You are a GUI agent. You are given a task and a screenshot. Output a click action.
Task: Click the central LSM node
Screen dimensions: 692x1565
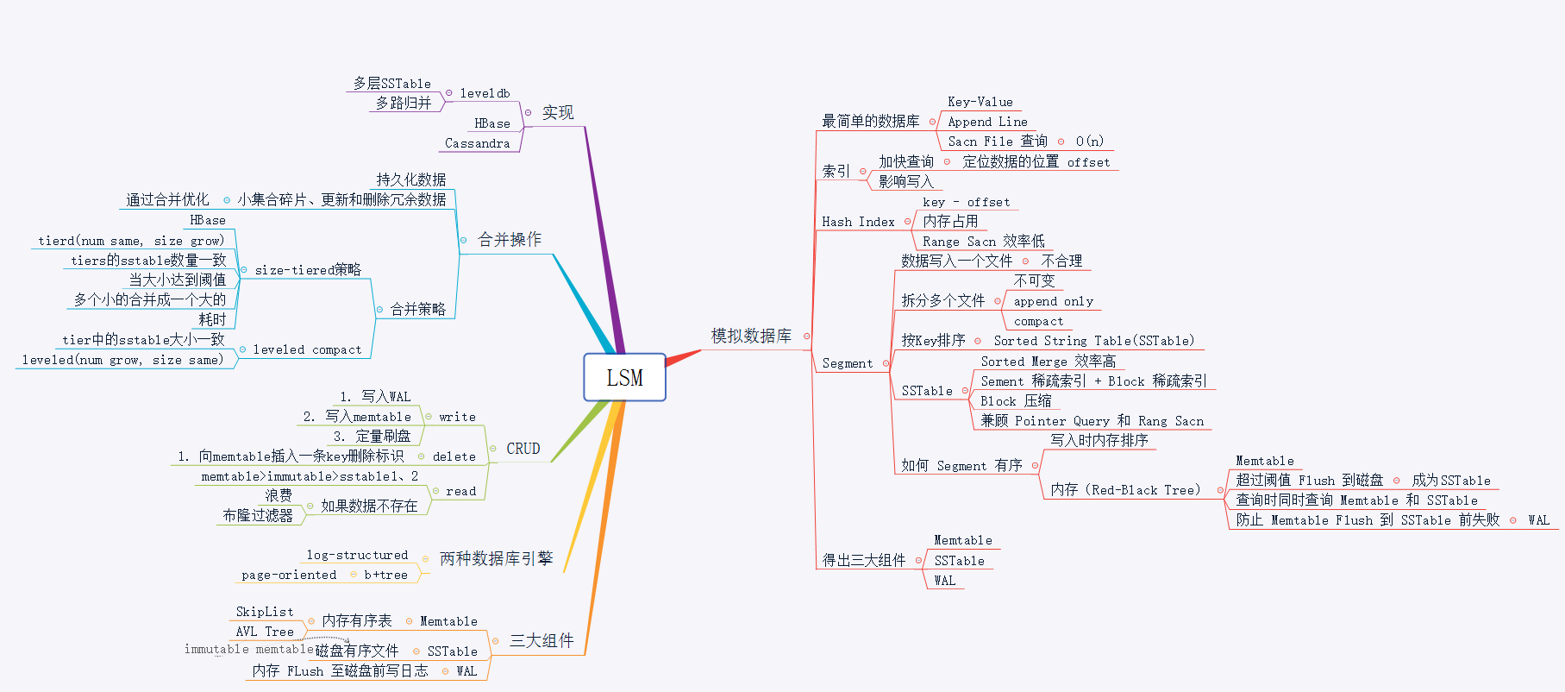(624, 378)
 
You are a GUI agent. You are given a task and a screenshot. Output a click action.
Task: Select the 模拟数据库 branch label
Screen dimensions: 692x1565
(750, 336)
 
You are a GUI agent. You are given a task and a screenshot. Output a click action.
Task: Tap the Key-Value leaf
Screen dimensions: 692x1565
(980, 102)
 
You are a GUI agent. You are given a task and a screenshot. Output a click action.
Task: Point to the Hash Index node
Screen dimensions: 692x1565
(858, 222)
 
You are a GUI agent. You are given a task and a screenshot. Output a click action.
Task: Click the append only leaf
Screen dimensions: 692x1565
(1053, 301)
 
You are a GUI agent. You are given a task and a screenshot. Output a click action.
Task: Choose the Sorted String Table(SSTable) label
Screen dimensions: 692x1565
(1093, 341)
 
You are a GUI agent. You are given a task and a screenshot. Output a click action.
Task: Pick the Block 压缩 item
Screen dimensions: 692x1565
(1016, 401)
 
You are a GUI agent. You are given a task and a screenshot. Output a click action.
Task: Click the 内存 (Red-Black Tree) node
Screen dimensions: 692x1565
(1125, 490)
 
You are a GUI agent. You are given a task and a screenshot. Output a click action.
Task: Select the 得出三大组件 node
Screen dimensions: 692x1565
(863, 560)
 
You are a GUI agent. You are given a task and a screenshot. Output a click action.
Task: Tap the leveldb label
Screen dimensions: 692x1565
(485, 93)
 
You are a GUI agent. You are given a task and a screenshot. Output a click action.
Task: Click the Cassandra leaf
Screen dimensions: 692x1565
(477, 143)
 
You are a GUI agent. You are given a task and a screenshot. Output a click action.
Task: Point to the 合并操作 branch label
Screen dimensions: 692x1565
(510, 239)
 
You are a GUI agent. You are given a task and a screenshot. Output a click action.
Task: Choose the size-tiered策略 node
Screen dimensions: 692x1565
(308, 270)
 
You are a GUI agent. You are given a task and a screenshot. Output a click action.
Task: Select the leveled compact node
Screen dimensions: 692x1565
(307, 349)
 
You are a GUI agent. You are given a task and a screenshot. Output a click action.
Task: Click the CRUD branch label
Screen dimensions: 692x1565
(523, 449)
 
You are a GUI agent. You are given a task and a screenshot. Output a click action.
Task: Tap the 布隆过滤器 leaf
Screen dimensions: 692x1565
(258, 515)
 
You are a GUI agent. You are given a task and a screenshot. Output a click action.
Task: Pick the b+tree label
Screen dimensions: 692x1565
(385, 575)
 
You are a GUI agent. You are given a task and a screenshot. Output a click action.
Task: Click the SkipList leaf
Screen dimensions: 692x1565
(264, 612)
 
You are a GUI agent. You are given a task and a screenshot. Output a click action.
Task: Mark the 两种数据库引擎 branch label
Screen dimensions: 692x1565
(496, 558)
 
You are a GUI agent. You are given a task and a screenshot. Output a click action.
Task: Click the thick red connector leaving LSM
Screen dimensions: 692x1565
(683, 357)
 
